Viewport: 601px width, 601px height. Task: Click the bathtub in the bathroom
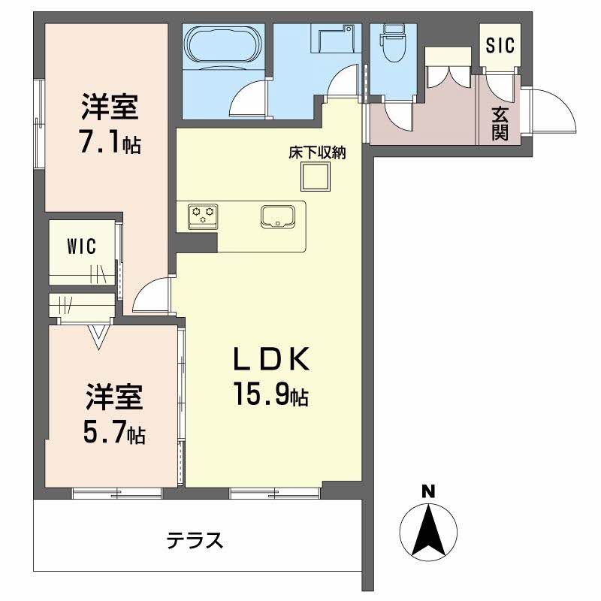coord(221,47)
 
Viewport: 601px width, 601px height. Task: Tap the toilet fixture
coord(391,43)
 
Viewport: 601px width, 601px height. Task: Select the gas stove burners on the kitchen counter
coord(202,216)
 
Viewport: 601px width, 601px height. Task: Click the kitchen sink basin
coord(279,216)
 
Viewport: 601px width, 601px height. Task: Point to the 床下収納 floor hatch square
coord(316,177)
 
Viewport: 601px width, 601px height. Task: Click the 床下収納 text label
coord(316,153)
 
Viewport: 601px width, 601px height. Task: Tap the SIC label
coord(500,46)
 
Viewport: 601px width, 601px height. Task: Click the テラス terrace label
coord(195,539)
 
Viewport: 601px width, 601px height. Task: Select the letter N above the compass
coord(428,493)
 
